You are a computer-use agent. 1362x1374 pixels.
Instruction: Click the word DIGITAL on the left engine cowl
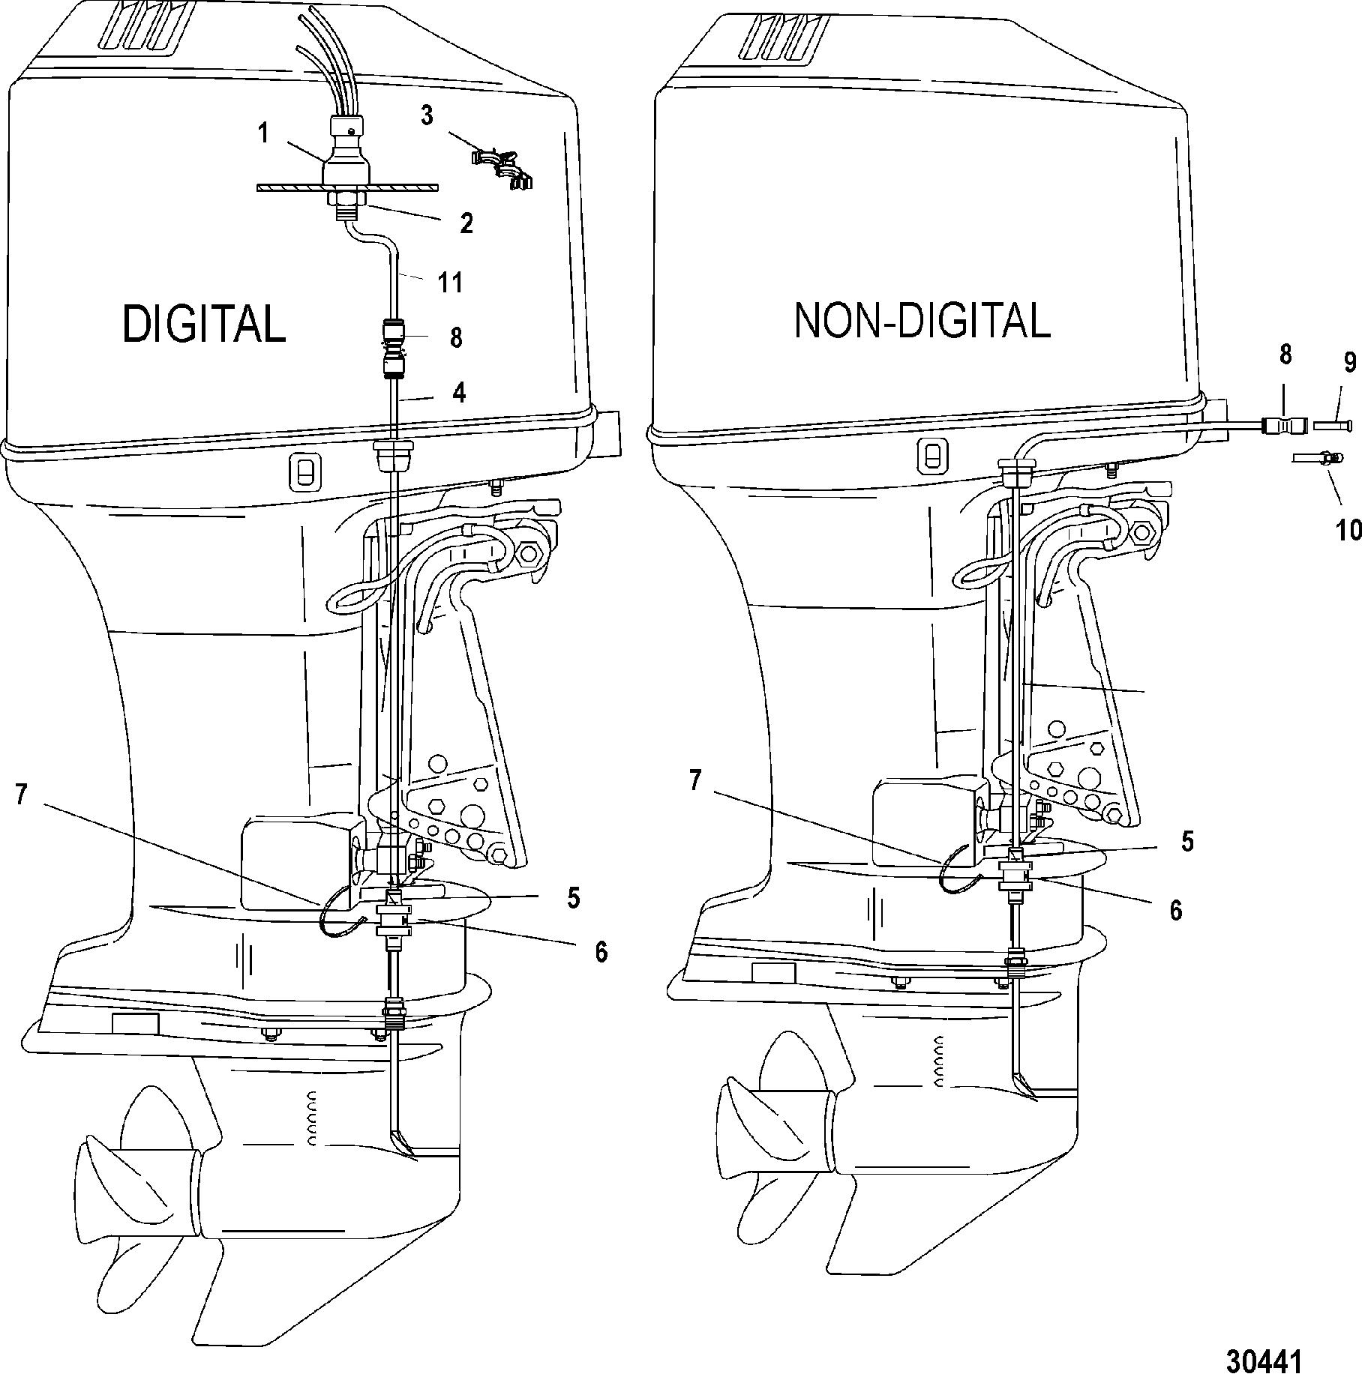pyautogui.click(x=204, y=324)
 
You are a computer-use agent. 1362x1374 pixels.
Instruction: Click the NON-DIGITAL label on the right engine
pyautogui.click(x=922, y=321)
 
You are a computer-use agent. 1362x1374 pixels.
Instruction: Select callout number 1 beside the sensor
pyautogui.click(x=263, y=133)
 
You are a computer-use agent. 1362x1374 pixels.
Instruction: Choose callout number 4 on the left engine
pyautogui.click(x=460, y=391)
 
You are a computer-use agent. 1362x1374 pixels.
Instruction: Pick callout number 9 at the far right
pyautogui.click(x=1350, y=363)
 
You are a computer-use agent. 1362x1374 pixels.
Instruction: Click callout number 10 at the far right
pyautogui.click(x=1348, y=530)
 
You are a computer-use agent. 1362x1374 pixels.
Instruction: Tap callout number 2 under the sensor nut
pyautogui.click(x=466, y=223)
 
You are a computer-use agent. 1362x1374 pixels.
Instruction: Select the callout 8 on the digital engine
pyautogui.click(x=455, y=337)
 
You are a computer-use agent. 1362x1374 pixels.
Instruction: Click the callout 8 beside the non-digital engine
pyautogui.click(x=1285, y=355)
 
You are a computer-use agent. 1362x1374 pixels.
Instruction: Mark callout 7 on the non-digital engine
pyautogui.click(x=695, y=781)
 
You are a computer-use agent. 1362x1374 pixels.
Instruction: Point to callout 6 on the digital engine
pyautogui.click(x=601, y=951)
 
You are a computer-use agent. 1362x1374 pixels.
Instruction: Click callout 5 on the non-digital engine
pyautogui.click(x=1187, y=841)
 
